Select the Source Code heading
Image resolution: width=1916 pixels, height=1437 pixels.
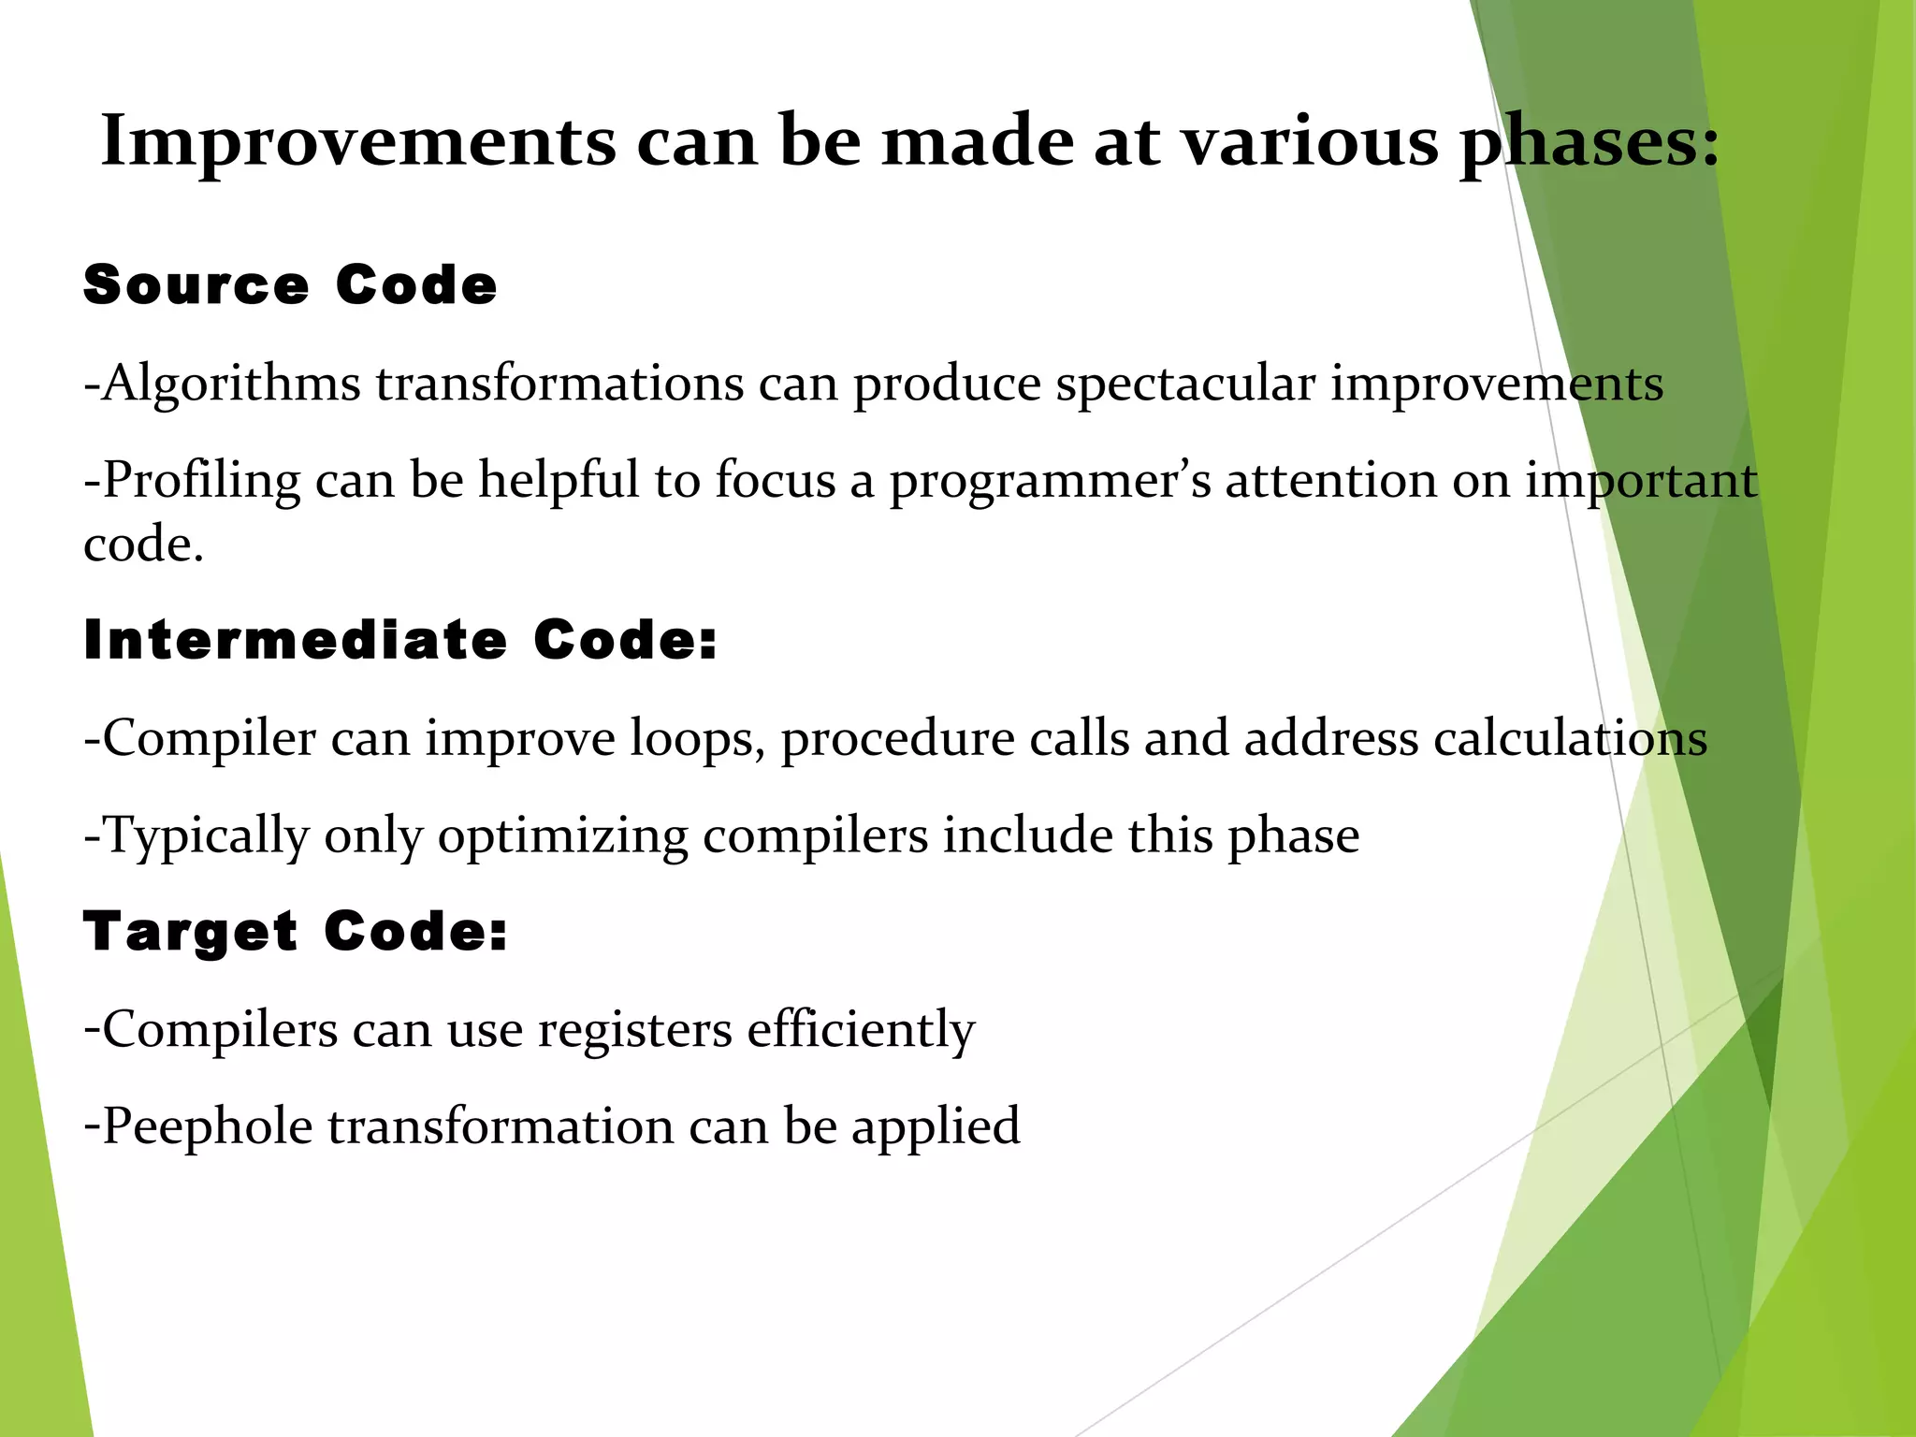[290, 284]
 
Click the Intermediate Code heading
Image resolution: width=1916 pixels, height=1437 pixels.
[399, 640]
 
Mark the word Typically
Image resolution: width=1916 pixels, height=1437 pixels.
[205, 836]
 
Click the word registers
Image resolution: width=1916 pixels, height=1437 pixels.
[635, 1030]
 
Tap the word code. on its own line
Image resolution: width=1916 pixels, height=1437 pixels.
[143, 544]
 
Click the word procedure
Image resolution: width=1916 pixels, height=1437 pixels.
[897, 739]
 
